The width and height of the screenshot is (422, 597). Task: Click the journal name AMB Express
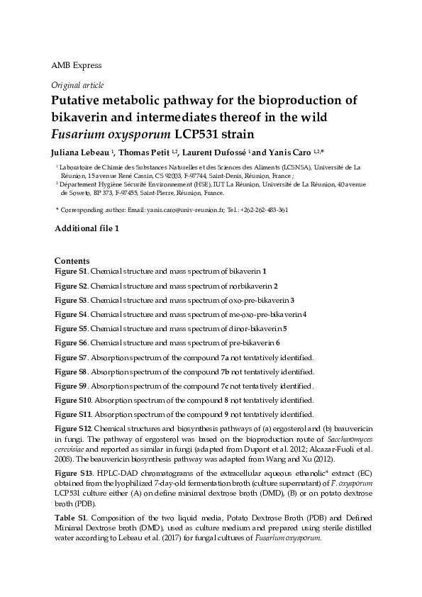(x=77, y=66)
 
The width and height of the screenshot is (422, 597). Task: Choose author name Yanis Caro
(x=288, y=152)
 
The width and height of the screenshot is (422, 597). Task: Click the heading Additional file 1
(x=89, y=228)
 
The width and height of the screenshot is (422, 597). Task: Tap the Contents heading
(x=72, y=262)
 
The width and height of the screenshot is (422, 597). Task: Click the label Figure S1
(x=71, y=271)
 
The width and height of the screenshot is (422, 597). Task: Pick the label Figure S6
(x=71, y=343)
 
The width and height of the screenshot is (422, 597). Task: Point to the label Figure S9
(x=71, y=386)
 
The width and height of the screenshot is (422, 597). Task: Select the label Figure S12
(x=73, y=429)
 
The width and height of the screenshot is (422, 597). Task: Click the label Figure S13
(x=73, y=472)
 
